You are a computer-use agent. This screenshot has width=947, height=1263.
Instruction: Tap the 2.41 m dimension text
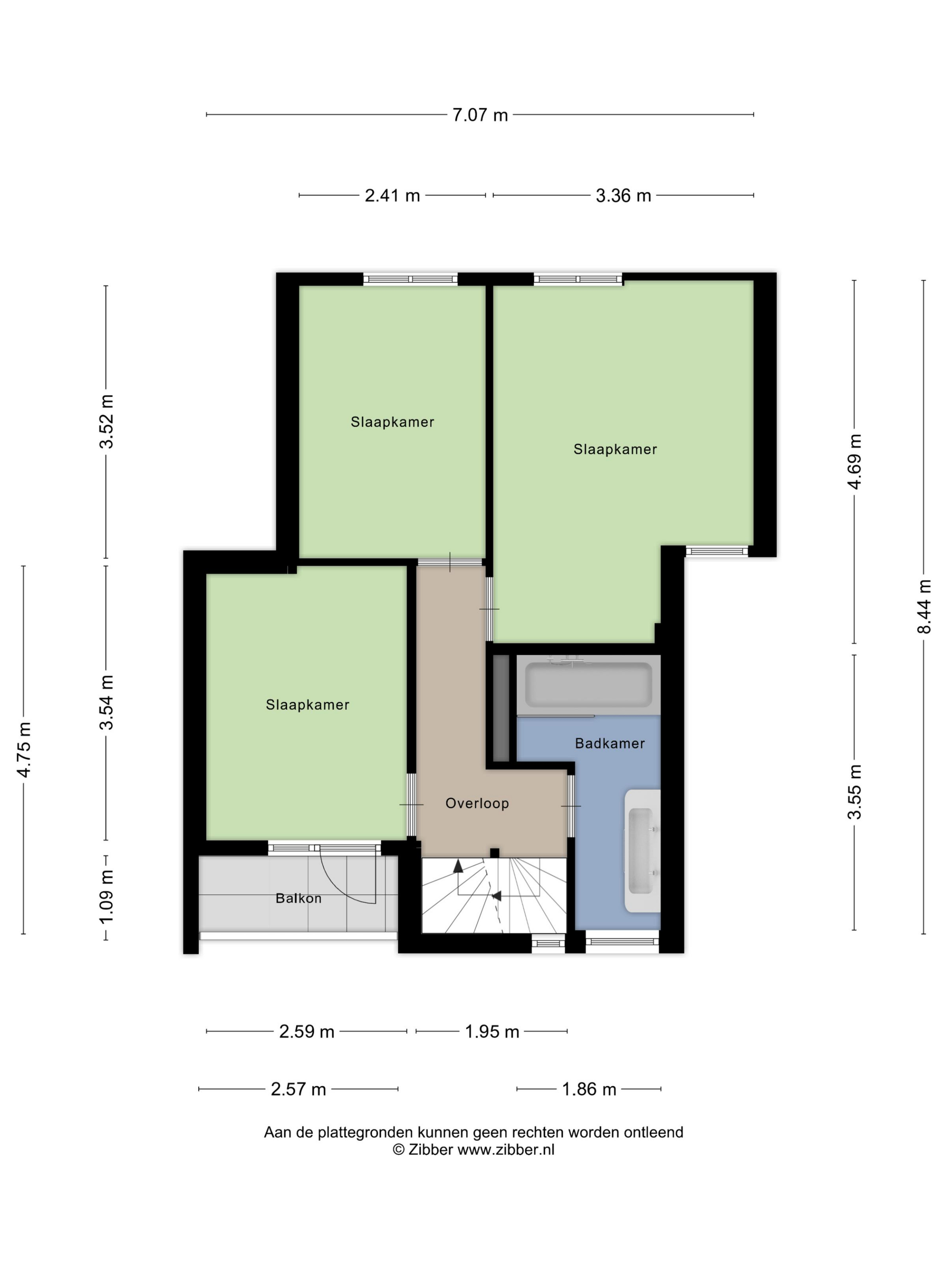pyautogui.click(x=392, y=196)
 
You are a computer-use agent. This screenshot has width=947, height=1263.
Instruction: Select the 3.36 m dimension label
pyautogui.click(x=623, y=196)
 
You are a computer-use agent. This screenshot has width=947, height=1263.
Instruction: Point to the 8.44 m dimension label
pyautogui.click(x=924, y=606)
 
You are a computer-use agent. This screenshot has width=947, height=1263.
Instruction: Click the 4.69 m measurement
pyautogui.click(x=855, y=462)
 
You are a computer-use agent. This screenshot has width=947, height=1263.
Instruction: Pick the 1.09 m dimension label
pyautogui.click(x=106, y=896)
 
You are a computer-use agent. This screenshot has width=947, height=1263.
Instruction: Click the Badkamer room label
pyautogui.click(x=610, y=743)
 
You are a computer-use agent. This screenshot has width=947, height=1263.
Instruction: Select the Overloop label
pyautogui.click(x=477, y=803)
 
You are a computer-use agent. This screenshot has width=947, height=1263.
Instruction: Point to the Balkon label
pyautogui.click(x=299, y=898)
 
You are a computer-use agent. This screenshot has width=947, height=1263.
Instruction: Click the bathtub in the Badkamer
pyautogui.click(x=588, y=685)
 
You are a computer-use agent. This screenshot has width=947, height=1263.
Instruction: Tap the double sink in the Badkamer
pyautogui.click(x=642, y=851)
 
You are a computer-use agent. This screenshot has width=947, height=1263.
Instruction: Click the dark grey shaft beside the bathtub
pyautogui.click(x=501, y=708)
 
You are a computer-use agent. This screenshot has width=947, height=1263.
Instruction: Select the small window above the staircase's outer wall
pyautogui.click(x=548, y=943)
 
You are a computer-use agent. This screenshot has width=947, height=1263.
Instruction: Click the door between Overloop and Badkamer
pyautogui.click(x=571, y=806)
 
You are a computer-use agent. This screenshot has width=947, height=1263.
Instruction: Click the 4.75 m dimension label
pyautogui.click(x=24, y=750)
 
